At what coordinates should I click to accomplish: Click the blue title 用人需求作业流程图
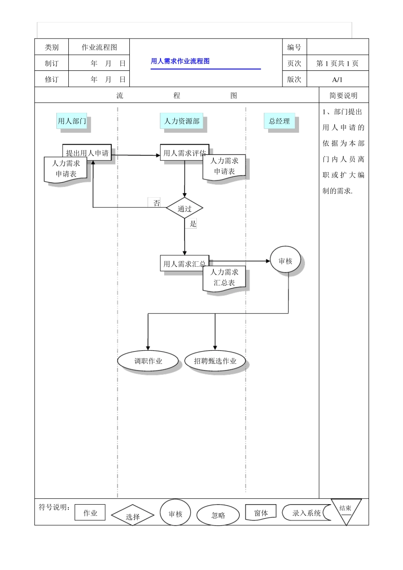pos(180,61)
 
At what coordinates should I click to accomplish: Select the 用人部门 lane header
pos(72,121)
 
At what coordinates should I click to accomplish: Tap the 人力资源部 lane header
pos(182,121)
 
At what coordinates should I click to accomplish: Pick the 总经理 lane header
pos(279,121)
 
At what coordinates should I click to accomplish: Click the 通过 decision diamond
pos(185,208)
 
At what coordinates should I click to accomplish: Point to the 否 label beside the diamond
pos(157,203)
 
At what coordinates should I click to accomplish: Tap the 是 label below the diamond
pos(193,224)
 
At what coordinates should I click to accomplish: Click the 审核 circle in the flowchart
pos(285,261)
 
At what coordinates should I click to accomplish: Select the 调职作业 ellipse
pos(148,361)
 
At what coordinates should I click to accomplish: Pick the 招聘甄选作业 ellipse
pos(215,361)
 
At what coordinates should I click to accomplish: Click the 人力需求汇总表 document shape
pos(224,278)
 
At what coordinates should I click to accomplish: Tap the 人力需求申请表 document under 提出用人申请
pos(66,169)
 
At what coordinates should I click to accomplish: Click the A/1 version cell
pos(337,79)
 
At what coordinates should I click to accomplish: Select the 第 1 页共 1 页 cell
pos(337,63)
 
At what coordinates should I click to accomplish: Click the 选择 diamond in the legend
pos(132,516)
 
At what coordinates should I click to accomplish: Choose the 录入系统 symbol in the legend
pos(306,513)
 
